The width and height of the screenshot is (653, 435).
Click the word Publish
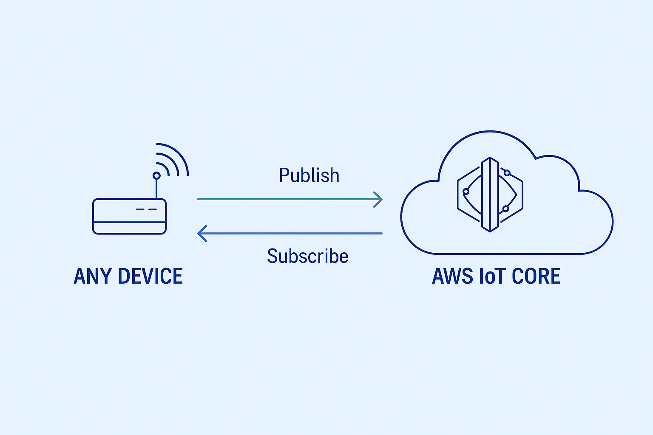[x=309, y=175]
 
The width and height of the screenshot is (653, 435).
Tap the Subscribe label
[x=308, y=256]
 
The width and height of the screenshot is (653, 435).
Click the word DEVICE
[x=150, y=276]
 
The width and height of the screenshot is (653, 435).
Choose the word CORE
[x=536, y=276]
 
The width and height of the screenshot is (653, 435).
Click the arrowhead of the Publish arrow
[x=379, y=199]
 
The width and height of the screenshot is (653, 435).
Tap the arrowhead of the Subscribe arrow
[x=202, y=233]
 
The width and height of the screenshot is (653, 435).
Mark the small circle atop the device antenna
[x=156, y=175]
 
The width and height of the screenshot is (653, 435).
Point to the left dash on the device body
[x=140, y=209]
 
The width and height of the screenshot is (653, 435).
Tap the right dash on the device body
[x=153, y=209]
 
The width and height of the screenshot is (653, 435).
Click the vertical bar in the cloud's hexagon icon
[x=490, y=195]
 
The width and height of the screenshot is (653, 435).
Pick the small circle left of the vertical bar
[x=466, y=192]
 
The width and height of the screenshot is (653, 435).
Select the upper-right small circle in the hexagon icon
[x=507, y=173]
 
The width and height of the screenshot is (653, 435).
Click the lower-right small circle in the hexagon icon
[x=505, y=209]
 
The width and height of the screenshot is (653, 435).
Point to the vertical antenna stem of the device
[x=156, y=189]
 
